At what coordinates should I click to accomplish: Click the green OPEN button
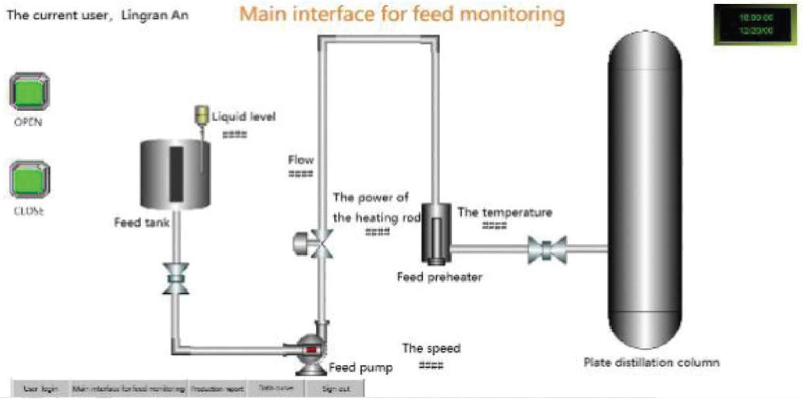(29, 92)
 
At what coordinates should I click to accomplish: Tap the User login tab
(41, 389)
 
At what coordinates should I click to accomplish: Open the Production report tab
(217, 389)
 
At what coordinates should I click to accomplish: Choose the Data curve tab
(276, 388)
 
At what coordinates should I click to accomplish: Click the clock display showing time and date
(756, 24)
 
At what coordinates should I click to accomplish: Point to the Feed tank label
(142, 223)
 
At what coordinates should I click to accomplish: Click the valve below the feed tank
(176, 278)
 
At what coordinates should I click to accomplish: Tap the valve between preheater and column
(547, 250)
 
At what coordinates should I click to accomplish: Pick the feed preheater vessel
(436, 234)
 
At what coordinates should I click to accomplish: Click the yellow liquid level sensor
(201, 115)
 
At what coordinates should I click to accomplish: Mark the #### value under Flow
(301, 174)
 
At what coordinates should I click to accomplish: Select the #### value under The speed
(431, 365)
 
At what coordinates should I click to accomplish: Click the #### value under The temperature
(494, 226)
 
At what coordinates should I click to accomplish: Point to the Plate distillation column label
(651, 363)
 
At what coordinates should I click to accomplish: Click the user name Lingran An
(155, 16)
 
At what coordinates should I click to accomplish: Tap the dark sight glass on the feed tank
(176, 174)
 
